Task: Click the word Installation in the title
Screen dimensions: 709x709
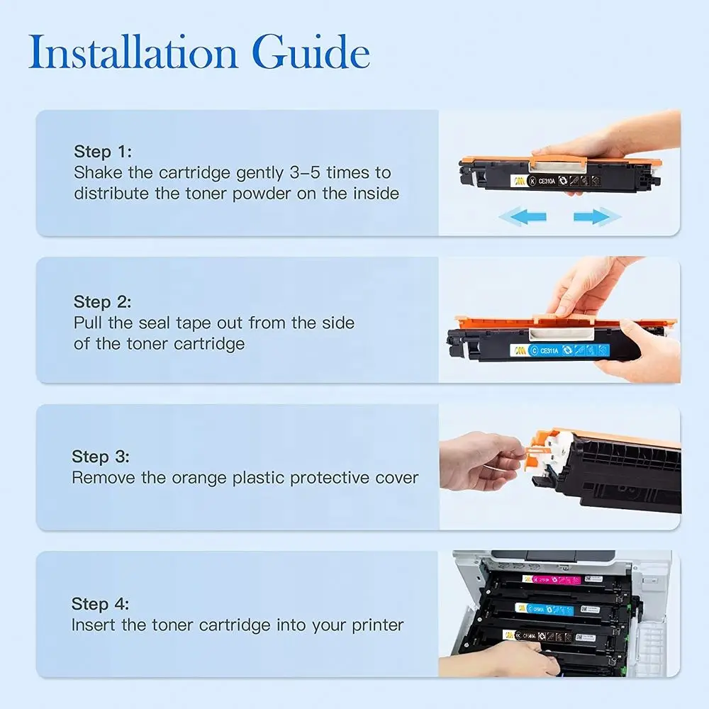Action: tap(133, 52)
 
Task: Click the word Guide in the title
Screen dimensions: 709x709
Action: tap(311, 52)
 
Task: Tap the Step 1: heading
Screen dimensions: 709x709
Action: tap(103, 152)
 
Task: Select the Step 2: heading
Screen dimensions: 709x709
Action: tap(102, 301)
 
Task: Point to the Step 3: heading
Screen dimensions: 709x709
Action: tap(101, 457)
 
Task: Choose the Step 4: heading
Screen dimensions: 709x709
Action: tap(100, 604)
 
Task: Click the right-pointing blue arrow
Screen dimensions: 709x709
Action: tap(597, 216)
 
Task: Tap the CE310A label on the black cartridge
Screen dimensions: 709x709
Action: tap(547, 181)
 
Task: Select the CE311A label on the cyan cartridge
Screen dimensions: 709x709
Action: tap(549, 350)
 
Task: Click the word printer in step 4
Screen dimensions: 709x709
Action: tap(378, 625)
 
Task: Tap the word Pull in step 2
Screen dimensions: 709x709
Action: tap(88, 323)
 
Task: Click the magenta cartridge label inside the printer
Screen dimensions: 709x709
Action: tap(551, 580)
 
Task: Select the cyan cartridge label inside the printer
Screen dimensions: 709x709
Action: tap(545, 609)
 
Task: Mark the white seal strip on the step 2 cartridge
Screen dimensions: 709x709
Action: tap(562, 334)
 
